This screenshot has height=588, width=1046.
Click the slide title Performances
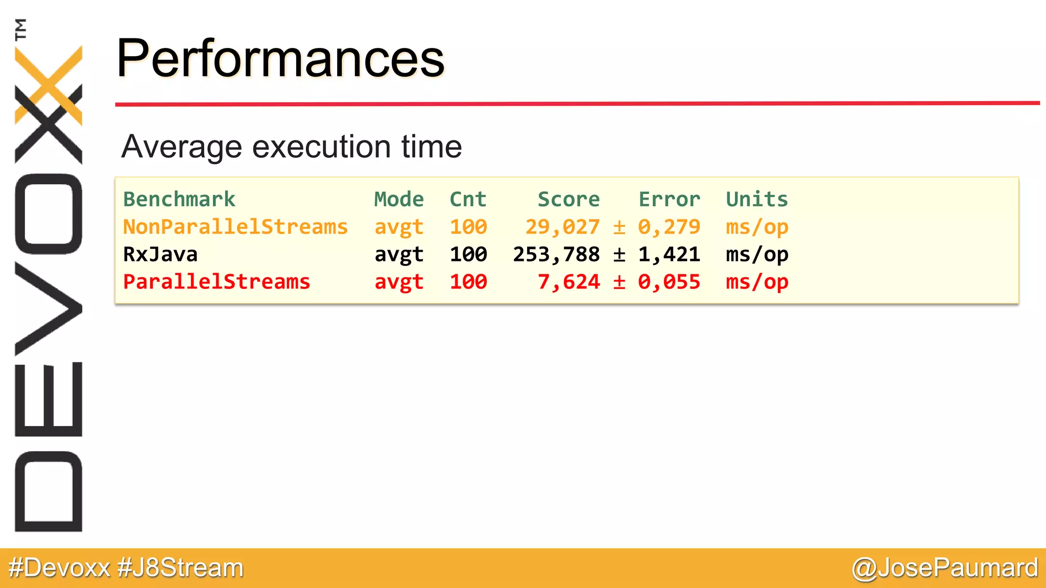point(280,59)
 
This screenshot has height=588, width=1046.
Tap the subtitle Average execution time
point(292,147)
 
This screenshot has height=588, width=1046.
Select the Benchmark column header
point(179,200)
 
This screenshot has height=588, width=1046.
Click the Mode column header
point(399,200)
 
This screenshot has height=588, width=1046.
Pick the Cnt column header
point(468,200)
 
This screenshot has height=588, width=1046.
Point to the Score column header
point(568,200)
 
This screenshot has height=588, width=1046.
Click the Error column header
point(669,200)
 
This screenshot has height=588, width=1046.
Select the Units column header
point(757,200)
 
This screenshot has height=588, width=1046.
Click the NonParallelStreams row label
point(235,227)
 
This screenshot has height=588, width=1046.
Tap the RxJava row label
point(160,255)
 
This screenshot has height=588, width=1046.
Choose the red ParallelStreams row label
point(217,282)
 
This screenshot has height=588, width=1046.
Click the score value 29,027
point(562,227)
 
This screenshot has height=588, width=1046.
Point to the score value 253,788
point(556,255)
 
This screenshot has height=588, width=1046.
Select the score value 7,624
point(568,282)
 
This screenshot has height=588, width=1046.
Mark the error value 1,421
point(669,255)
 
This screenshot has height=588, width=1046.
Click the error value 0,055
point(669,282)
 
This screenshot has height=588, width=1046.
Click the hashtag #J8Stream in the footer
point(180,568)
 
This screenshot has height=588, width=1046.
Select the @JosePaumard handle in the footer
point(944,568)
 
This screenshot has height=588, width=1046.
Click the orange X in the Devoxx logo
point(49,84)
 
